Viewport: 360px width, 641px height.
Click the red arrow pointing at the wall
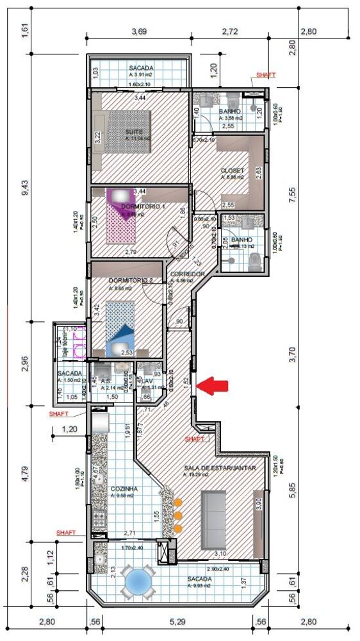point(212,385)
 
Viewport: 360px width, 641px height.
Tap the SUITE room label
point(134,131)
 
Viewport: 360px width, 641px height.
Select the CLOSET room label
point(233,171)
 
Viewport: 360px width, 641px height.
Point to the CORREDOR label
point(188,274)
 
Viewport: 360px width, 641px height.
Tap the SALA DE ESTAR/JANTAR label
point(220,468)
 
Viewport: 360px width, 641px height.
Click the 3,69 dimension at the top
point(143,31)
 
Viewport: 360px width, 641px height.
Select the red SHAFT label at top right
point(265,75)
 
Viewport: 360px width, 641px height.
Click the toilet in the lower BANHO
point(255,260)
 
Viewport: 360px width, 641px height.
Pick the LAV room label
point(147,378)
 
